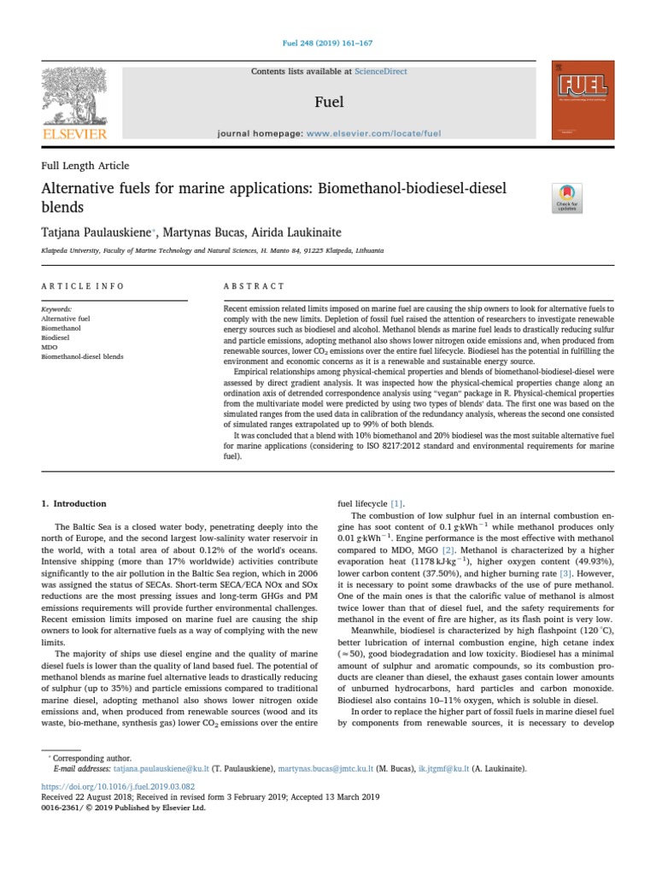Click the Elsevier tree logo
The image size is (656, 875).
75,101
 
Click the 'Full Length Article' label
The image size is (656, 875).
85,166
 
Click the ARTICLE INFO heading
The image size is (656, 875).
83,286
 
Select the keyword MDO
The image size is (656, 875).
49,346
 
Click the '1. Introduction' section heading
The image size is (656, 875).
74,504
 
